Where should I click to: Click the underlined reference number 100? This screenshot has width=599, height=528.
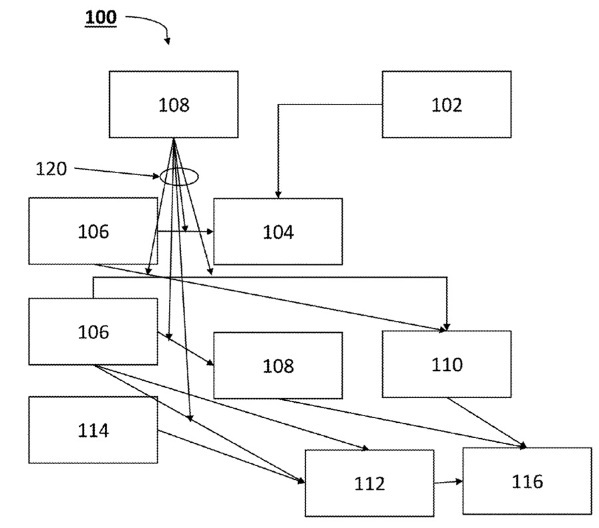100,18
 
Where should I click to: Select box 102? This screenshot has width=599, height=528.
447,105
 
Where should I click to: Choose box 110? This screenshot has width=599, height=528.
447,364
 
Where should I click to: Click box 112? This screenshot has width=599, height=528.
369,483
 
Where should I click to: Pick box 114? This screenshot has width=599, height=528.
93,430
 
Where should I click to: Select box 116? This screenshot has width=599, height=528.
527,480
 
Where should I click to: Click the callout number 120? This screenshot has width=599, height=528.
51,168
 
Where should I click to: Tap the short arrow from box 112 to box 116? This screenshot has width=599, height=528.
448,481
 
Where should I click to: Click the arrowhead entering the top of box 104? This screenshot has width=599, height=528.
278,193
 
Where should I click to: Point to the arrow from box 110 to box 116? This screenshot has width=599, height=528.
486,421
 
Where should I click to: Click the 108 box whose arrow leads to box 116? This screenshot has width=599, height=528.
278,366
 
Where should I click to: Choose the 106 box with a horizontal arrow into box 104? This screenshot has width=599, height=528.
93,231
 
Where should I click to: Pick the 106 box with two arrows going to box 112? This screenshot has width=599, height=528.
93,331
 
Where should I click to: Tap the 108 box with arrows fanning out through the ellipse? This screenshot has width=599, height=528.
174,105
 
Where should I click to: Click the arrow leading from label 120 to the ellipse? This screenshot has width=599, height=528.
116,172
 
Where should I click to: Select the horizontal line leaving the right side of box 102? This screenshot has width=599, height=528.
329,104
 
